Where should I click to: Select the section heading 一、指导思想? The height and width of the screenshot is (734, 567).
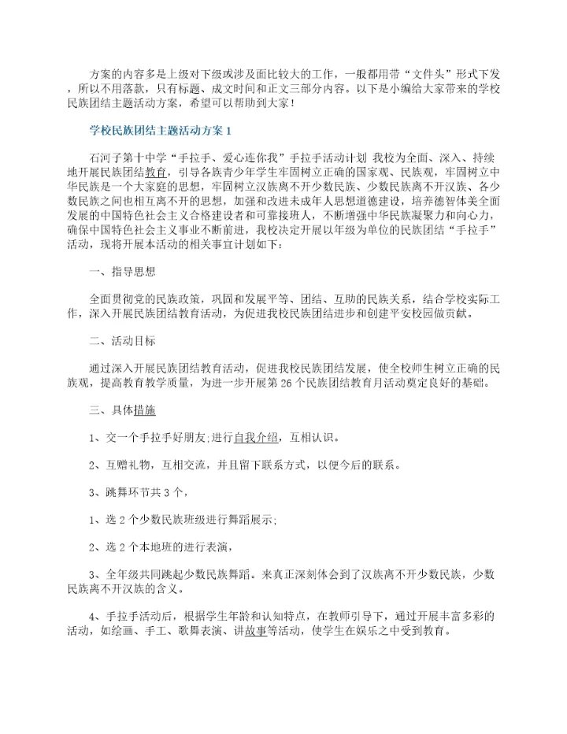click(x=123, y=274)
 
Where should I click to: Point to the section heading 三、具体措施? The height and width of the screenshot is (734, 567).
click(x=123, y=410)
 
